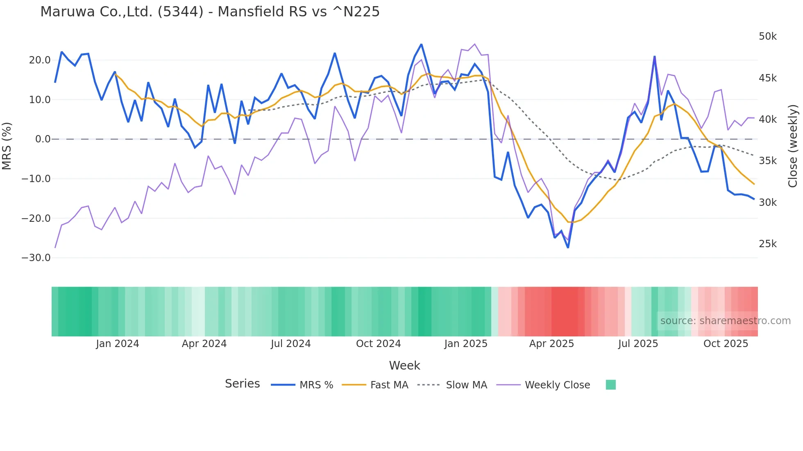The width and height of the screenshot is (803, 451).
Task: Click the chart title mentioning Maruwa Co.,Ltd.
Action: (x=210, y=12)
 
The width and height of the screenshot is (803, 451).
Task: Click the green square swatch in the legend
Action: (x=610, y=385)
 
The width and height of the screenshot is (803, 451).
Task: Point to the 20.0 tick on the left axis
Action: (x=40, y=60)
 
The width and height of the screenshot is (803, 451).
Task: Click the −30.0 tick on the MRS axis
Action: (x=36, y=258)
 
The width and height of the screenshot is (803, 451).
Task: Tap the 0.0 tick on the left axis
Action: (x=43, y=139)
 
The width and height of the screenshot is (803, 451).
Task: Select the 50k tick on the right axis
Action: (x=767, y=36)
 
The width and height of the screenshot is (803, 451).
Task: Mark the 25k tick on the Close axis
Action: (x=767, y=244)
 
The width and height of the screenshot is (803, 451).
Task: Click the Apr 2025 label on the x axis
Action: (x=551, y=344)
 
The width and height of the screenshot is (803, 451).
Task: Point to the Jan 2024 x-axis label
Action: (x=118, y=344)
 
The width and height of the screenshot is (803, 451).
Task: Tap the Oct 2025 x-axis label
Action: (x=726, y=344)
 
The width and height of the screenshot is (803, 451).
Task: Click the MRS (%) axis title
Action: (x=7, y=146)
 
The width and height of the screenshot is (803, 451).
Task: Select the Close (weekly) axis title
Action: (x=793, y=146)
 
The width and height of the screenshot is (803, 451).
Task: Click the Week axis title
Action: (x=404, y=365)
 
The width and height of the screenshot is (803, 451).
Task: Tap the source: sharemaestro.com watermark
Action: (x=725, y=321)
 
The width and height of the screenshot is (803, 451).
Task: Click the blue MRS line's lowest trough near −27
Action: (x=568, y=247)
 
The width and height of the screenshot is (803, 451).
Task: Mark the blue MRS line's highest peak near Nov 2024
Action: (x=421, y=44)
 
